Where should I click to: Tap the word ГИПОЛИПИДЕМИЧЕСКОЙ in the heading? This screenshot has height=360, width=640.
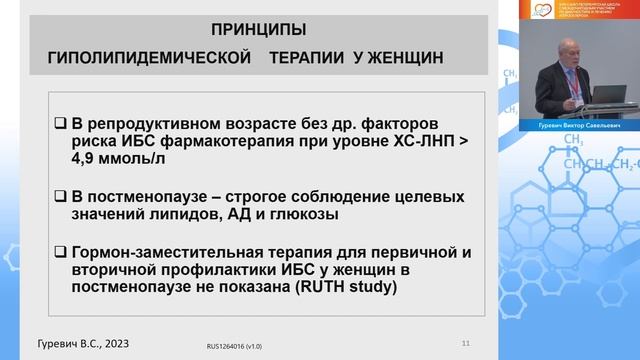tap(149, 59)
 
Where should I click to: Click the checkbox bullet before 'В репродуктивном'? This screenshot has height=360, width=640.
tap(60, 125)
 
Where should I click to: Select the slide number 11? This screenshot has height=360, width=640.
tap(465, 342)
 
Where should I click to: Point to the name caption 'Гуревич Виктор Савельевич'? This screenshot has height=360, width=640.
tap(569, 127)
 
